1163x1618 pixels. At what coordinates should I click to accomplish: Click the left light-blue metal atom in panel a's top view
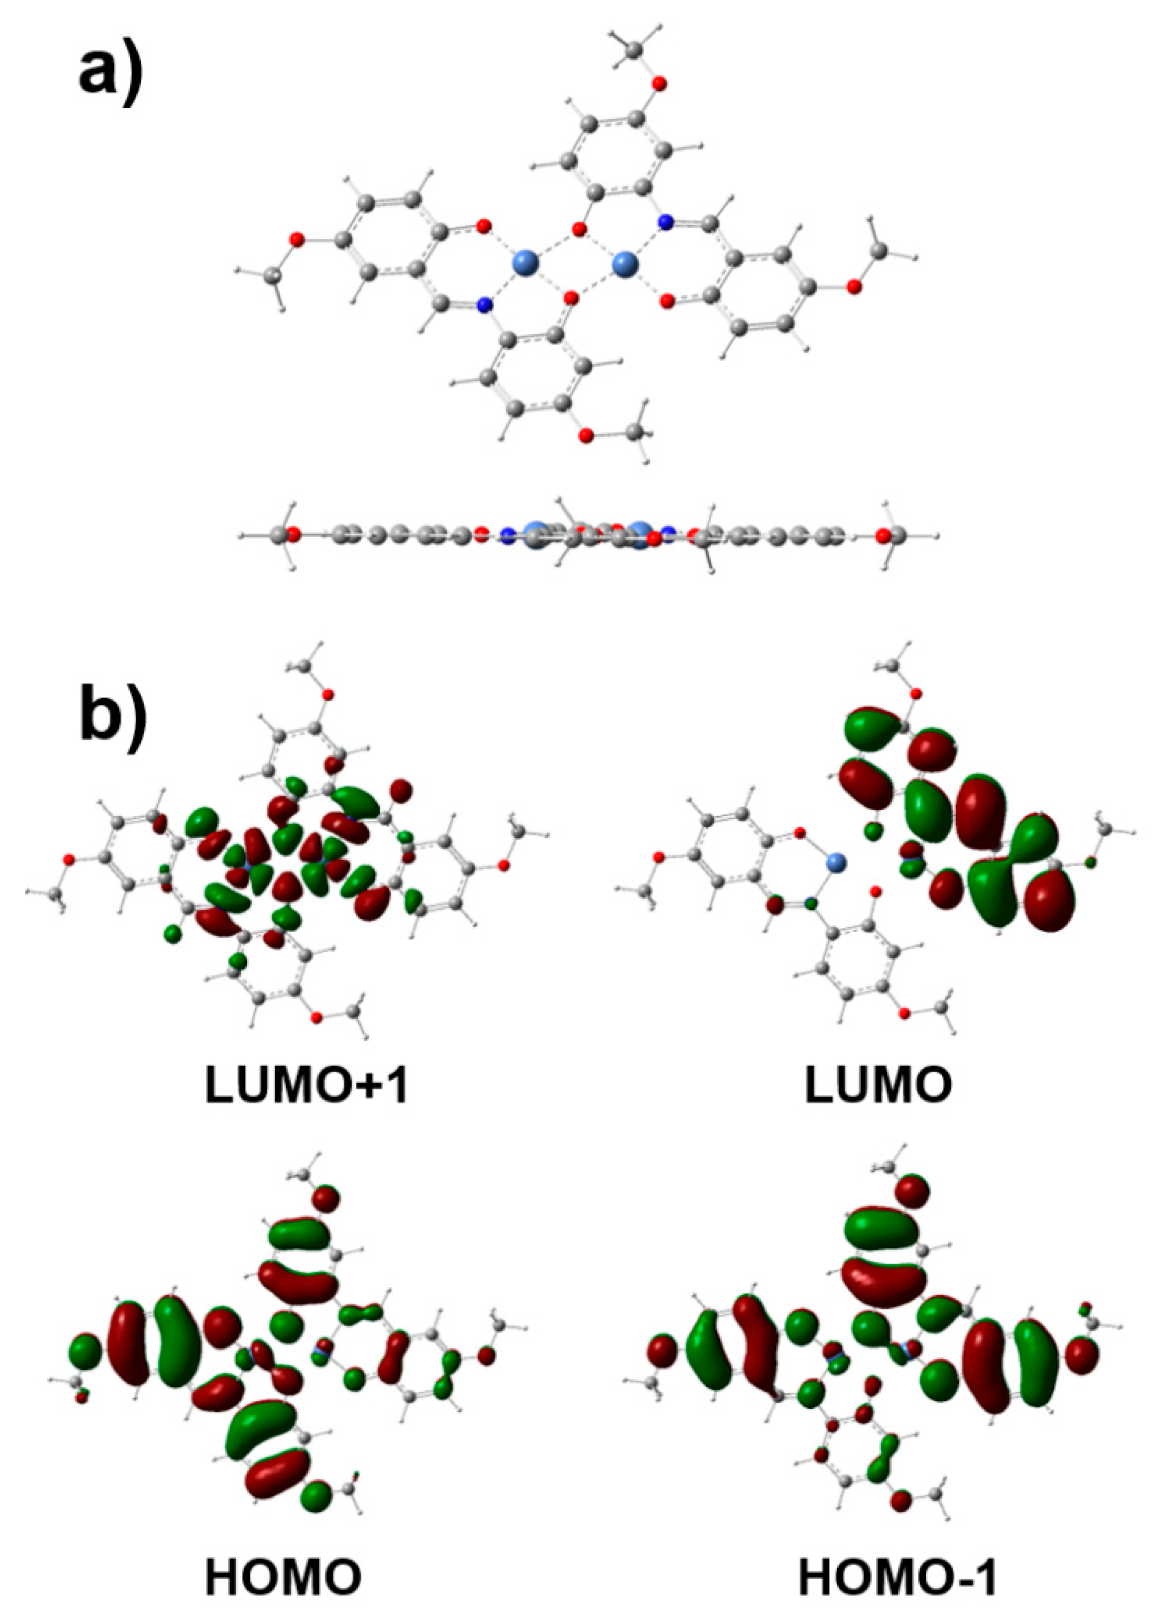pyautogui.click(x=526, y=262)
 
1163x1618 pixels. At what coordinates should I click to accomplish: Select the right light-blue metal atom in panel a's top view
pyautogui.click(x=626, y=264)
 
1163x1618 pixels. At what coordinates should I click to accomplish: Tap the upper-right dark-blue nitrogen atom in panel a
pyautogui.click(x=665, y=223)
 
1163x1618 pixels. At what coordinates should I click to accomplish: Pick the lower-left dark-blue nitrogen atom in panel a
pyautogui.click(x=485, y=306)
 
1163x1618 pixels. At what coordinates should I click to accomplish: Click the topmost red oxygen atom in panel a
pyautogui.click(x=660, y=85)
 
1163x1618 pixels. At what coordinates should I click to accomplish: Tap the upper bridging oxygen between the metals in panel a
pyautogui.click(x=579, y=230)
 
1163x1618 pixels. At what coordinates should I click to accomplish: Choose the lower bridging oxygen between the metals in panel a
pyautogui.click(x=571, y=298)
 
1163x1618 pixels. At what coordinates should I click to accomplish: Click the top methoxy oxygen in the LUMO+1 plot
pyautogui.click(x=328, y=694)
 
